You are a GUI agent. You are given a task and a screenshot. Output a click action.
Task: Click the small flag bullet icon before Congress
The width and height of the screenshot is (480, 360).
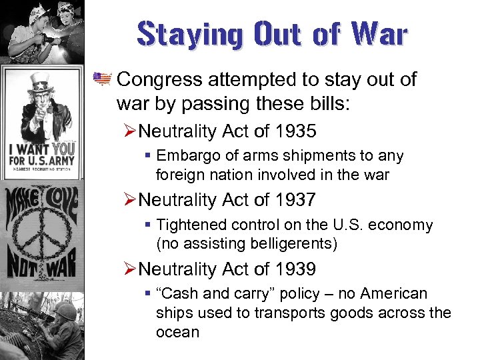tap(102, 79)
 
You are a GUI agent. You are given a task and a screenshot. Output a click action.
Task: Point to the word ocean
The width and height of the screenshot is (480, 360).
tap(177, 331)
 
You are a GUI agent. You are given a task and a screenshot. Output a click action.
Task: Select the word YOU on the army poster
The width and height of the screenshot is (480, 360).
tap(63, 148)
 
